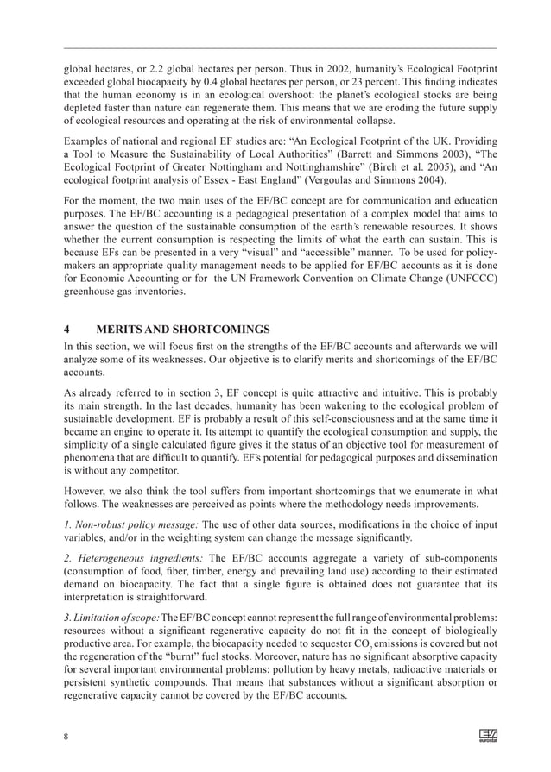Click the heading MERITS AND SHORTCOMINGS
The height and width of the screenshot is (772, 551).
point(183,329)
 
